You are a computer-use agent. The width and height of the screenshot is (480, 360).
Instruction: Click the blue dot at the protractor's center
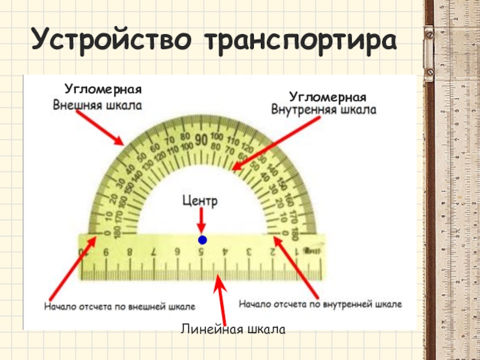pos(202,240)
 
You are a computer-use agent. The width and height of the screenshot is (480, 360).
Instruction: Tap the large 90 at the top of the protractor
pos(201,139)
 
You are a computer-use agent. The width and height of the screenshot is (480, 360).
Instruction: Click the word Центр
pos(201,202)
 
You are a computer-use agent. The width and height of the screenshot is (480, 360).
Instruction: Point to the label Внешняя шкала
pos(98,105)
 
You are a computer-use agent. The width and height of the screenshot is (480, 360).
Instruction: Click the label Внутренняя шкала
pos(324,110)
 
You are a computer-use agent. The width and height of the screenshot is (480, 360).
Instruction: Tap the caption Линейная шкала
pos(232,329)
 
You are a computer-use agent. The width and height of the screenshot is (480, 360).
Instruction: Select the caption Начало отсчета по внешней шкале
pos(119,307)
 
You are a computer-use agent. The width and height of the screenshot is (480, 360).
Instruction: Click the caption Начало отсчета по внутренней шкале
pos(320,304)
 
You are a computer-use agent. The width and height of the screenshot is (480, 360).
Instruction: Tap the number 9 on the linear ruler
pos(106,253)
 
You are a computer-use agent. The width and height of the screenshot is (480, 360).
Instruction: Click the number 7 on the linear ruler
pos(154,253)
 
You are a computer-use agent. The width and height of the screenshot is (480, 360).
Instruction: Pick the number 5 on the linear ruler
pos(201,253)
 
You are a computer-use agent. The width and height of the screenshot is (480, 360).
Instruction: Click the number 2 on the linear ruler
pos(273,253)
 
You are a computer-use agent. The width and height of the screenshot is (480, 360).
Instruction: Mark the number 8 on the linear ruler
pos(130,253)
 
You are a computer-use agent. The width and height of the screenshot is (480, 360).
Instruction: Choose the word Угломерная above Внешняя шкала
pos(103,89)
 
